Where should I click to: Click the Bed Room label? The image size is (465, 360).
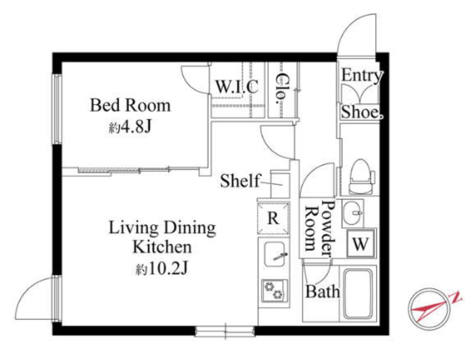point(130,105)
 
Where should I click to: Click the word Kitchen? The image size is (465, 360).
point(162,247)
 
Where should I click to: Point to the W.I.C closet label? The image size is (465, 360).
point(237,87)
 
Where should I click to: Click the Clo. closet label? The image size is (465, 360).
point(281,89)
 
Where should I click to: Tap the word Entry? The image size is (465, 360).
point(362,76)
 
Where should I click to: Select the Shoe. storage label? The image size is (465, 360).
point(362,112)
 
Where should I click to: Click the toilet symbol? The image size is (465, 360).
point(361,177)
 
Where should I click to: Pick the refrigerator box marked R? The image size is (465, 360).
point(273,218)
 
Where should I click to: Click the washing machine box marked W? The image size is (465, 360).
point(361,244)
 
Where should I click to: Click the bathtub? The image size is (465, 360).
point(357,294)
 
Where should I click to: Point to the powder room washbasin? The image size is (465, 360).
point(352,212)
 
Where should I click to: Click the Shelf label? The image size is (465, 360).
point(240,180)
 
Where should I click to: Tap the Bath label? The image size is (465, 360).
point(323,291)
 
